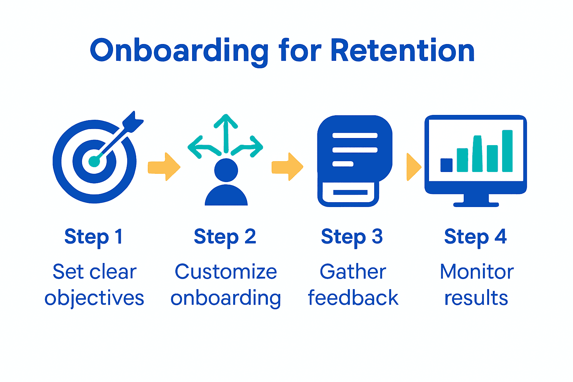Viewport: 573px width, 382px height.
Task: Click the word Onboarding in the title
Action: (179, 51)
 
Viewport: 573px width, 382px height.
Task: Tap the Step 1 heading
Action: (93, 237)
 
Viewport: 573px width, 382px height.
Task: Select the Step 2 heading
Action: (225, 237)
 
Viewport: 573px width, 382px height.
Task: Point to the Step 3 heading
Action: (352, 237)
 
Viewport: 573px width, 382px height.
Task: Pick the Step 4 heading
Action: (475, 237)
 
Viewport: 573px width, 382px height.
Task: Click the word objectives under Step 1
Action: (94, 298)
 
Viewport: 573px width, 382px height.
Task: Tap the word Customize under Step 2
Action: (226, 272)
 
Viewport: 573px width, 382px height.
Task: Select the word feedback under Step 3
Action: (353, 298)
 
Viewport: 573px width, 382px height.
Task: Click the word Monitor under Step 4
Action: (477, 272)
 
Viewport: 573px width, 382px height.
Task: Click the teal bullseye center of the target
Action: (94, 161)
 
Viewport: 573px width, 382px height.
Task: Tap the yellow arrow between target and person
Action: (164, 167)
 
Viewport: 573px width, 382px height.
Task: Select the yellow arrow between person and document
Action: (287, 167)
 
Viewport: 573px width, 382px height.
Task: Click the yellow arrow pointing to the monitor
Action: (413, 167)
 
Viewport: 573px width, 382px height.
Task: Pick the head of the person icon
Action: (226, 170)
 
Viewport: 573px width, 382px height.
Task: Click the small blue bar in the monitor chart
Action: (446, 165)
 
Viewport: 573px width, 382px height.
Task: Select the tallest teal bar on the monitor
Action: (507, 151)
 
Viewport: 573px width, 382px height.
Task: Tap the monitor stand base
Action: (476, 204)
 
